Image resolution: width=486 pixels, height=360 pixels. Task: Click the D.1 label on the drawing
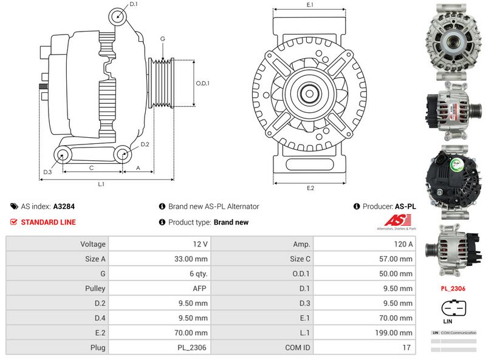pos(134,4)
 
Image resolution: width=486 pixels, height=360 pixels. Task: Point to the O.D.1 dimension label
pos(202,84)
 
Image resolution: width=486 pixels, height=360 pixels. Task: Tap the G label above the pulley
pos(162,39)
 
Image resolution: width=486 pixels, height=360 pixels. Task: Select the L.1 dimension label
pos(101,183)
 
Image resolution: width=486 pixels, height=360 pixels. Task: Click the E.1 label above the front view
pos(309,5)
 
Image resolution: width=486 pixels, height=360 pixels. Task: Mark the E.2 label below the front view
pos(310,188)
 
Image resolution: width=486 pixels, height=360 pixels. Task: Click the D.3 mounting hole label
pos(47,172)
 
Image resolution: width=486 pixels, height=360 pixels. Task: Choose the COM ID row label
pos(262,348)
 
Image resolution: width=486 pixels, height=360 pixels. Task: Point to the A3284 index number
pos(64,206)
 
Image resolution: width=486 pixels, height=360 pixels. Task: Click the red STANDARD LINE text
pos(48,222)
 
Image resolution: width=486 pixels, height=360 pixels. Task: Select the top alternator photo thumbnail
pos(452,38)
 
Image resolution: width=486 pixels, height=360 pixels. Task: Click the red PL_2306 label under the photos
pos(453,288)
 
